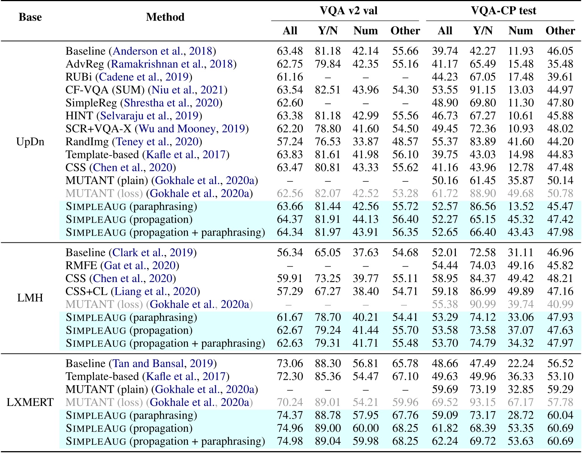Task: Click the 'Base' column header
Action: coord(30,17)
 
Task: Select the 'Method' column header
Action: coord(165,17)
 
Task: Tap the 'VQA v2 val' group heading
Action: coord(348,10)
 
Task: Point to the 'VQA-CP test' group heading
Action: coord(503,10)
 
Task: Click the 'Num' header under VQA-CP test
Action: coord(520,31)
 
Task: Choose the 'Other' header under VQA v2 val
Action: coord(405,31)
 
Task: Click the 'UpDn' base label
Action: coord(30,142)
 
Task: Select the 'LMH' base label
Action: coord(30,298)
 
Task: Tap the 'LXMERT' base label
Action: coord(30,403)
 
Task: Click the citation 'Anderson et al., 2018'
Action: coord(162,51)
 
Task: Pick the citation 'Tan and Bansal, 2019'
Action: coord(163,364)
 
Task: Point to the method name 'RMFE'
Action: coord(82,266)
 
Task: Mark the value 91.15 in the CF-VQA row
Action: coord(482,90)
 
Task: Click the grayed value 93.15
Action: coord(482,403)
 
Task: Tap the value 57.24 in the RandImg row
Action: coord(290,142)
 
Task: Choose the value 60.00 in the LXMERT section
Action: coord(365,428)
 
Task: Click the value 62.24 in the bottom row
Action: coord(445,441)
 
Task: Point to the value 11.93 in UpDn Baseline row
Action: coord(520,51)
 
